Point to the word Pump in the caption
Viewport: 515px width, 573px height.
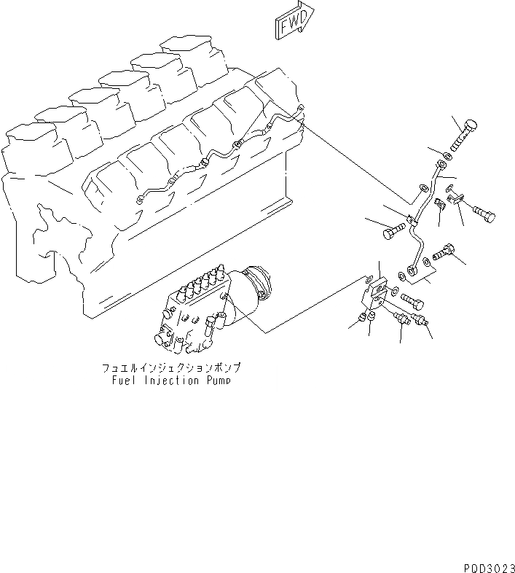(224, 380)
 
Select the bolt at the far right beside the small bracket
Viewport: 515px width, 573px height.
(480, 214)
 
